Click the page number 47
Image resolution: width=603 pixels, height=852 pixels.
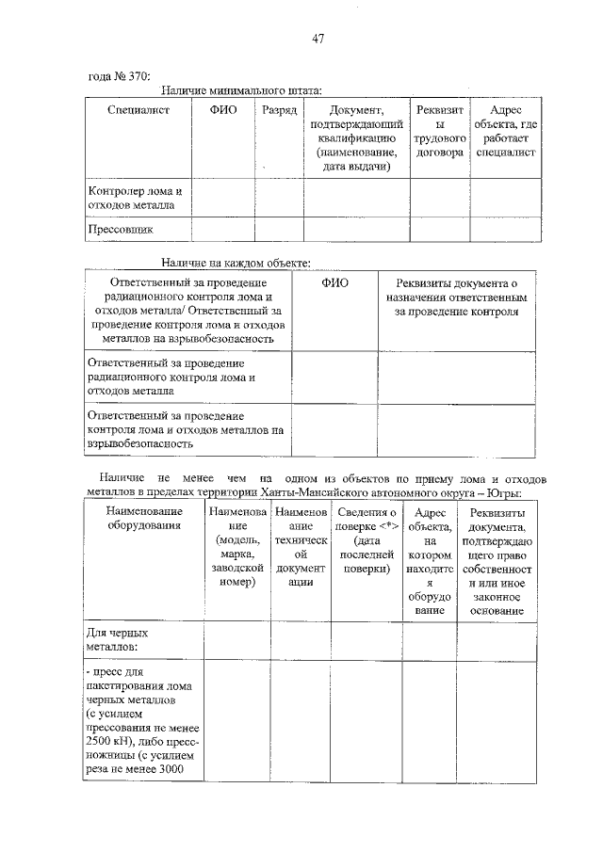318,39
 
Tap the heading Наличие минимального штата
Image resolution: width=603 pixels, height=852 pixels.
241,91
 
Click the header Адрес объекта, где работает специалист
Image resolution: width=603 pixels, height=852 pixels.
505,132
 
